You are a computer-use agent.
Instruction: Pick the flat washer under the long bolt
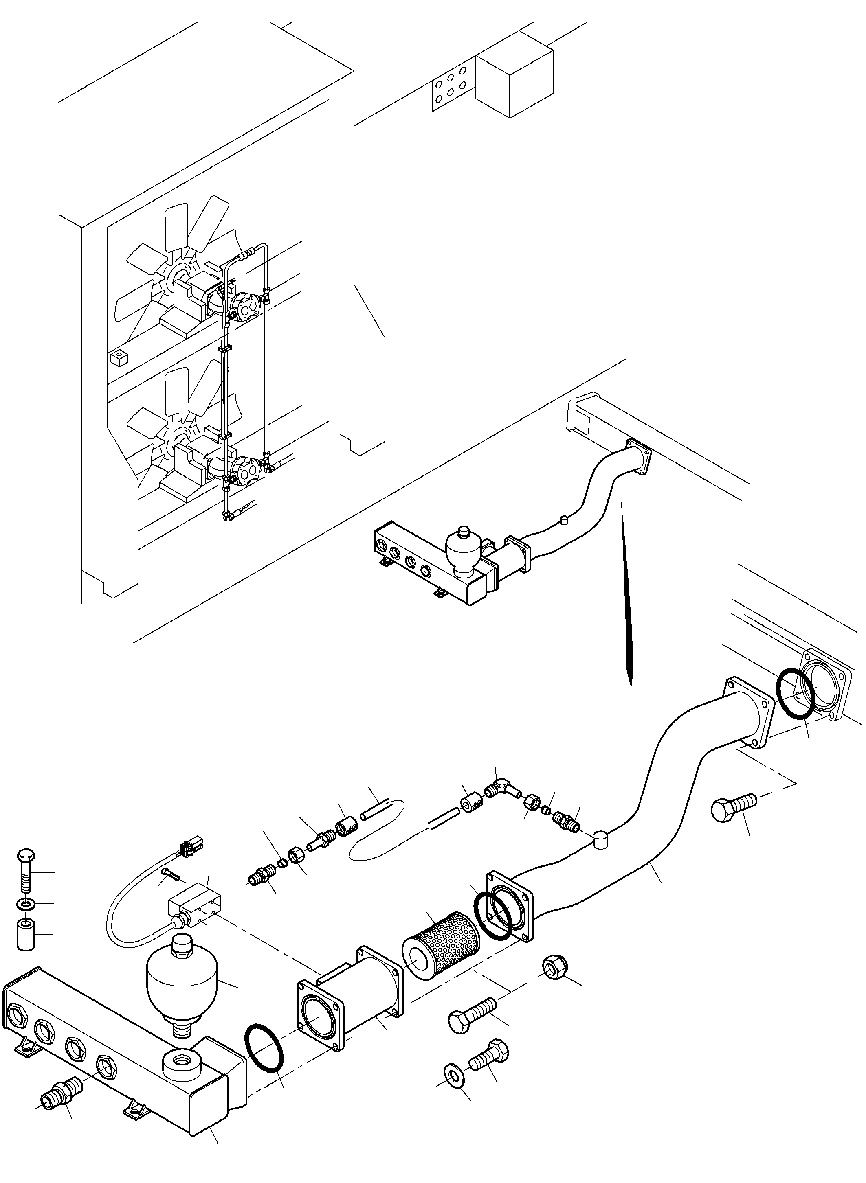point(24,904)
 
